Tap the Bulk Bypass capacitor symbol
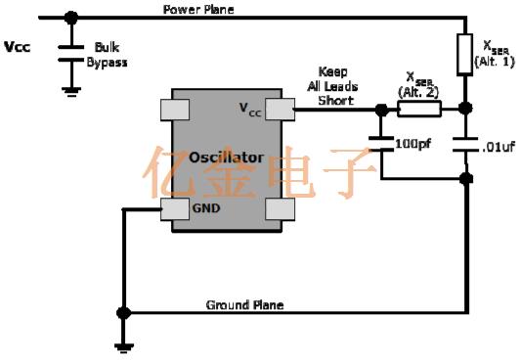click(x=70, y=54)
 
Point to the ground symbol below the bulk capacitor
click(x=70, y=90)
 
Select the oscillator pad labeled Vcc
click(x=280, y=108)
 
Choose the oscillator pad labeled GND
click(x=176, y=208)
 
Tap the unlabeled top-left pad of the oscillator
click(x=176, y=108)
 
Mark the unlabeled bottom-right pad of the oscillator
click(x=280, y=208)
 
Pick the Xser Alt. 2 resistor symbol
click(x=420, y=108)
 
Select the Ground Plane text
click(x=244, y=304)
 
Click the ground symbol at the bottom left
click(x=123, y=346)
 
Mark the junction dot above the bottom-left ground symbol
click(x=123, y=313)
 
